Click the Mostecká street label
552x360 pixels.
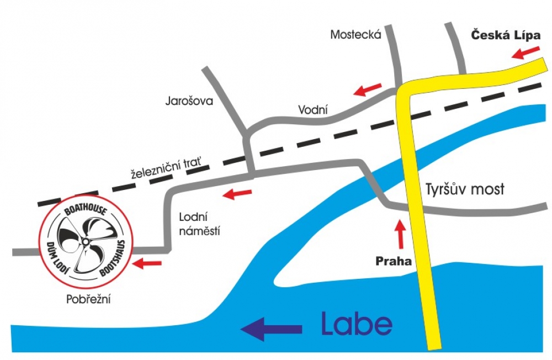point(356,34)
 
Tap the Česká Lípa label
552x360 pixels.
point(506,35)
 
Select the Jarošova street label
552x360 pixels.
point(189,101)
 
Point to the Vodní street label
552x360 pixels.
point(313,109)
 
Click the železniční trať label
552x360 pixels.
point(167,168)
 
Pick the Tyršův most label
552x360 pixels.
point(465,189)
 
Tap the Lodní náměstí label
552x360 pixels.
point(200,224)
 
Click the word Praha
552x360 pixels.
point(394,261)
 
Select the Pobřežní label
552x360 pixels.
point(89,299)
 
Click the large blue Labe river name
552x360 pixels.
point(357,324)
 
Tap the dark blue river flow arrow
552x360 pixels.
point(271,329)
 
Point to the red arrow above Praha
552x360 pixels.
point(400,234)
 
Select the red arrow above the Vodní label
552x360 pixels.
point(368,89)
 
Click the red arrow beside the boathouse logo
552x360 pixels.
point(147,263)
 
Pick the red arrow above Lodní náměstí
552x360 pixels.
point(237,193)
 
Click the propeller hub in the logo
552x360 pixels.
point(85,241)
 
